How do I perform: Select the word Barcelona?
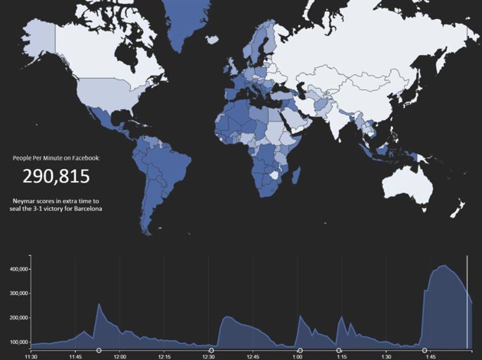[x=86, y=208]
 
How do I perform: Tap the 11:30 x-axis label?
[x=31, y=356]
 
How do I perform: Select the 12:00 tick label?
[x=120, y=356]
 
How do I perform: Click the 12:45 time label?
[x=253, y=356]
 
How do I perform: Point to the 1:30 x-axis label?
[x=387, y=356]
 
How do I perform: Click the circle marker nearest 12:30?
[x=211, y=350]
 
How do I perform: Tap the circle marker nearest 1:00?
[x=300, y=350]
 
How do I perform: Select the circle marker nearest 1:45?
[x=425, y=350]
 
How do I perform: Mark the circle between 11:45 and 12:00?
[x=99, y=350]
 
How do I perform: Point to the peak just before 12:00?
[x=99, y=304]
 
